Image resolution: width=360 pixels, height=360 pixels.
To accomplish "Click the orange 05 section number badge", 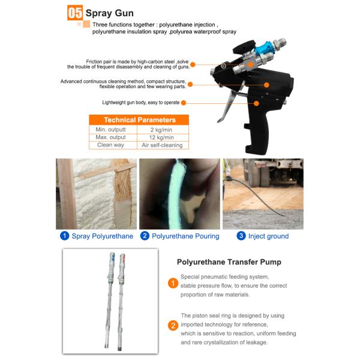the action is pyautogui.click(x=75, y=13).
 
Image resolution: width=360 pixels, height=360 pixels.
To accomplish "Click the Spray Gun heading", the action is pyautogui.click(x=110, y=13).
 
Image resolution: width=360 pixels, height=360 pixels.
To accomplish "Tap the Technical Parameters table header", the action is pyautogui.click(x=139, y=120).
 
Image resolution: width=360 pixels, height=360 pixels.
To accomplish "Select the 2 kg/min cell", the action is pyautogui.click(x=161, y=130).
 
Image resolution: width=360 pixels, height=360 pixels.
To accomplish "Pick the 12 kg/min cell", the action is pyautogui.click(x=161, y=137).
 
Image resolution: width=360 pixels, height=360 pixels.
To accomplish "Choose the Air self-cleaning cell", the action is pyautogui.click(x=162, y=145).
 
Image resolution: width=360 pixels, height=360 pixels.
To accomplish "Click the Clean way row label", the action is pyautogui.click(x=110, y=145).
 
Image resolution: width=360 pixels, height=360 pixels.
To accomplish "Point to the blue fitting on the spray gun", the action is pyautogui.click(x=263, y=48).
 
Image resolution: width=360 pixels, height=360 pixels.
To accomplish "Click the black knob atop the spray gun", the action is pyautogui.click(x=244, y=47).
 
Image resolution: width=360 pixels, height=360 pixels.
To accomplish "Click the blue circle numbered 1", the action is pyautogui.click(x=65, y=236).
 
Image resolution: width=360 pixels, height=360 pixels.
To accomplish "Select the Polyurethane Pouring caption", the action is pyautogui.click(x=185, y=236).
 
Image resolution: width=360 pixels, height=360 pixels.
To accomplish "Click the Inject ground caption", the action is pyautogui.click(x=268, y=236).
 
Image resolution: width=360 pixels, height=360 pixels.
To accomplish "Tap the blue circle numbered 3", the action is pyautogui.click(x=241, y=236).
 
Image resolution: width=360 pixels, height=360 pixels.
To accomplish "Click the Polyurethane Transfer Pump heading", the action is pyautogui.click(x=229, y=262).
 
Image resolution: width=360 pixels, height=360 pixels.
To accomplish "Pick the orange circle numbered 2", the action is pyautogui.click(x=173, y=326).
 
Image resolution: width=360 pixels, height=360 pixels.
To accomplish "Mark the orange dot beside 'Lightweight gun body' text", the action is pyautogui.click(x=184, y=103).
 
